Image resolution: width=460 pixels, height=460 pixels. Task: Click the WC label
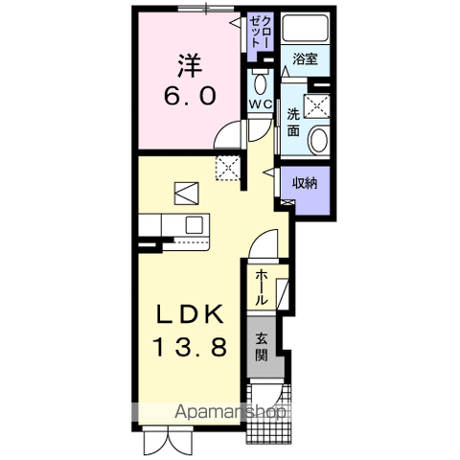click(x=259, y=103)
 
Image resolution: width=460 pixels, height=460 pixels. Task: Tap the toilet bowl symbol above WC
click(x=259, y=79)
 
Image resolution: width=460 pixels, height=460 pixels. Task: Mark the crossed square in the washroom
click(x=317, y=105)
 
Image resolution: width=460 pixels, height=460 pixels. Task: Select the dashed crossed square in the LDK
click(x=227, y=167)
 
